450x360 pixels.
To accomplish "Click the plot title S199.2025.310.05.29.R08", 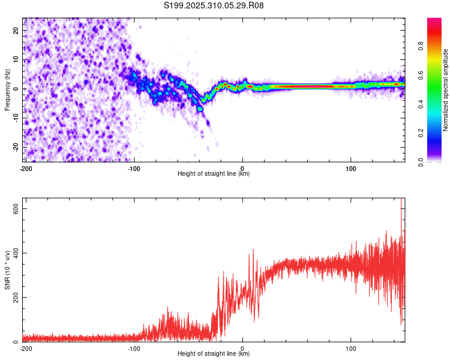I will click(x=214, y=5).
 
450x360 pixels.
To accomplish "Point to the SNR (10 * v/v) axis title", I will click(x=7, y=270).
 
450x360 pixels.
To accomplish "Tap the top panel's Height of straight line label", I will click(x=214, y=173).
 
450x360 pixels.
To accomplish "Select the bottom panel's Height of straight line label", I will click(x=214, y=353).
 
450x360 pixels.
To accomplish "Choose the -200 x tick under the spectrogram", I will click(x=25, y=169).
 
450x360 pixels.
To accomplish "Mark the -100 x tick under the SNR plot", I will click(x=134, y=349).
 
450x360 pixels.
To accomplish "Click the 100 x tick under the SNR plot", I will click(x=351, y=349).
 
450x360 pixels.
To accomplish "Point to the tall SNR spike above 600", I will click(x=401, y=204).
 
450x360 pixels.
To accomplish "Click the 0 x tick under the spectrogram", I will click(x=242, y=169).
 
